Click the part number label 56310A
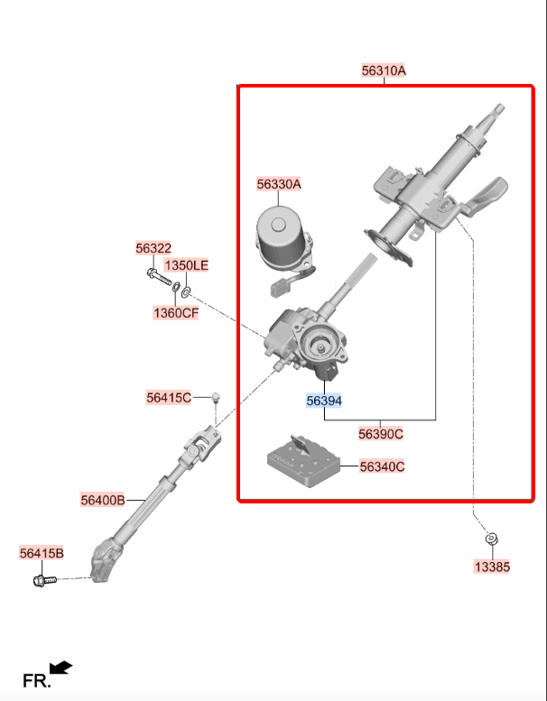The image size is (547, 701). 384,70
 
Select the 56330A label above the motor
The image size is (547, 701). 279,184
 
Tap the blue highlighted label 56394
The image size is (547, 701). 324,401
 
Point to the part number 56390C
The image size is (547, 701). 381,434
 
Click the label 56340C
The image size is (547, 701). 382,466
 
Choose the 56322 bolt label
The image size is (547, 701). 153,248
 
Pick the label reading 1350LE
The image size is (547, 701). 187,265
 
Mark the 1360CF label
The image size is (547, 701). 176,313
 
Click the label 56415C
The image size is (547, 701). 169,398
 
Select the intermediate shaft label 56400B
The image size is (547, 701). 103,500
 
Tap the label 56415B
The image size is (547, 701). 42,553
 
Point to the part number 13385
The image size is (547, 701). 492,567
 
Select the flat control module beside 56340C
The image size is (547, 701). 303,462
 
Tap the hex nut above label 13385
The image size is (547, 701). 492,540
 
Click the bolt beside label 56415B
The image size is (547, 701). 45,580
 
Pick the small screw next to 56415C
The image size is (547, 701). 216,398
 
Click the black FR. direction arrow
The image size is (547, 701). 60,668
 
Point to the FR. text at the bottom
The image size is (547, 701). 37,681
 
